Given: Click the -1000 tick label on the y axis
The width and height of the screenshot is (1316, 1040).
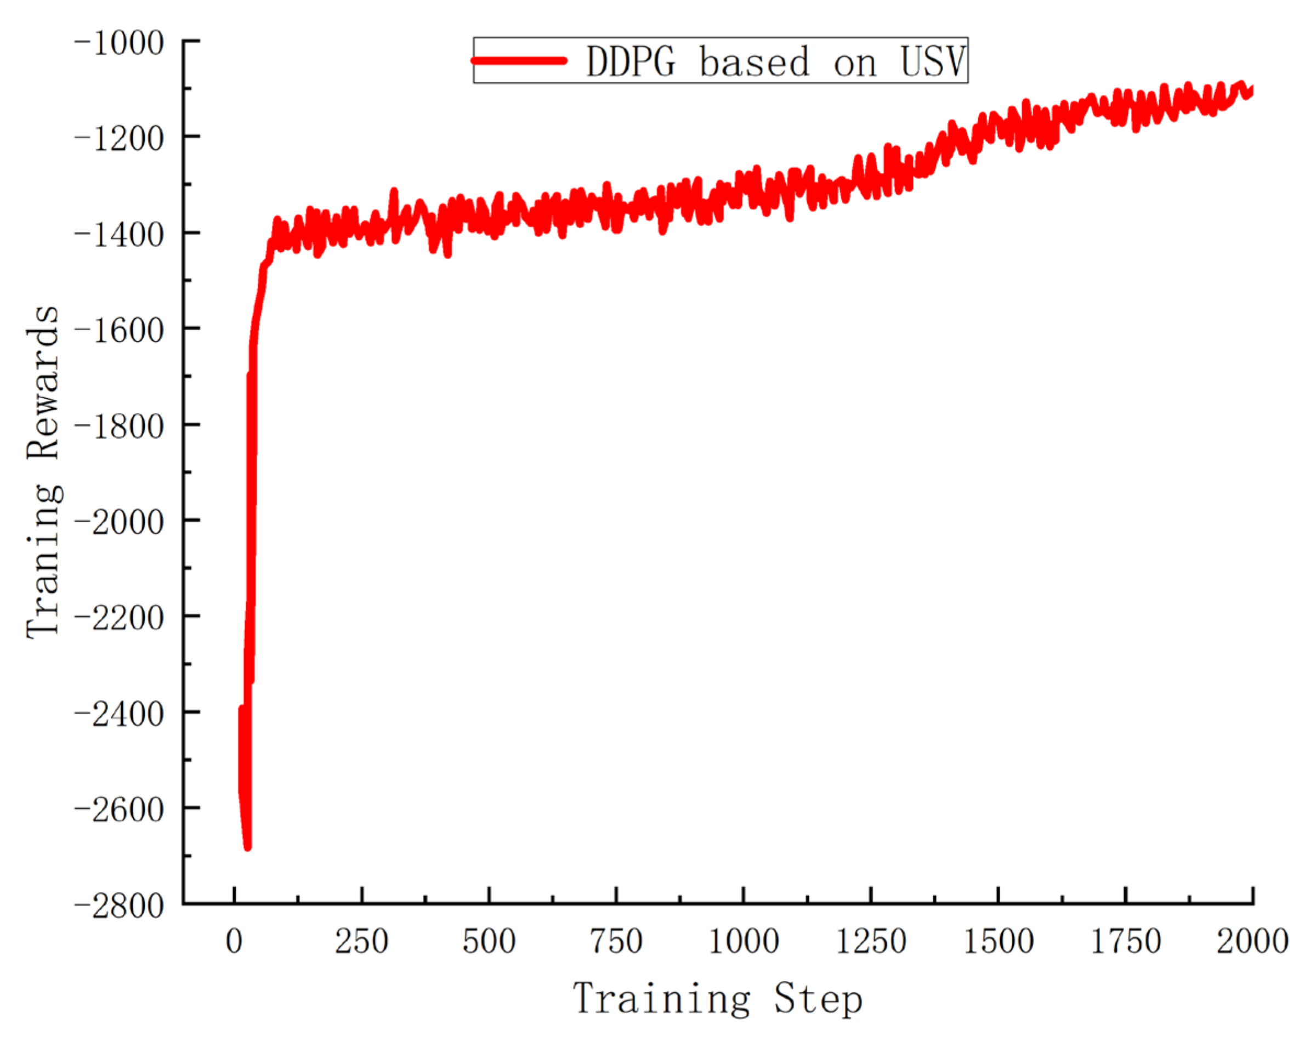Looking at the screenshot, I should point(120,44).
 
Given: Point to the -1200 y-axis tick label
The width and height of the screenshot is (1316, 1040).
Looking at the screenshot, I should point(120,139).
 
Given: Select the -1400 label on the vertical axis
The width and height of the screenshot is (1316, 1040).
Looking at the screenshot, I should point(120,235).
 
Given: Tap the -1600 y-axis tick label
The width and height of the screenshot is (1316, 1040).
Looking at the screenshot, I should point(120,331).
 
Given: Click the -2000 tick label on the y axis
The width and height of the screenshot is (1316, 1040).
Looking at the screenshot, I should point(120,522).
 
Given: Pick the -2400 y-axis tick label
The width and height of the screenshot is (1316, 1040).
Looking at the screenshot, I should point(120,714).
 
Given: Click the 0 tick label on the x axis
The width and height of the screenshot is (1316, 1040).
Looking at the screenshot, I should point(234,941).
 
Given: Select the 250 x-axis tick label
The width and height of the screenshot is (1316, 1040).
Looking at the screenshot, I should point(361,941).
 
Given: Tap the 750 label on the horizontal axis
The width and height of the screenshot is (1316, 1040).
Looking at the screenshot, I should point(616,941).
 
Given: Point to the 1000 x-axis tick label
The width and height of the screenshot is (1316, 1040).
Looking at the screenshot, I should point(743,941).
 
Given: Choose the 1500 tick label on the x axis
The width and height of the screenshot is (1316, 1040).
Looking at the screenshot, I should point(999,941).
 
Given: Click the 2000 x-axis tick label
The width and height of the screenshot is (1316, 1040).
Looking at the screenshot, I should point(1252,941).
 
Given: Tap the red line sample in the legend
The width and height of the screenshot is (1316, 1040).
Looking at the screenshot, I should point(519,60).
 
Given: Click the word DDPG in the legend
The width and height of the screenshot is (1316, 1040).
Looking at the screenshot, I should point(631,61).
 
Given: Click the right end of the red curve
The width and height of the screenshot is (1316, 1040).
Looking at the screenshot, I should point(1251,90).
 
